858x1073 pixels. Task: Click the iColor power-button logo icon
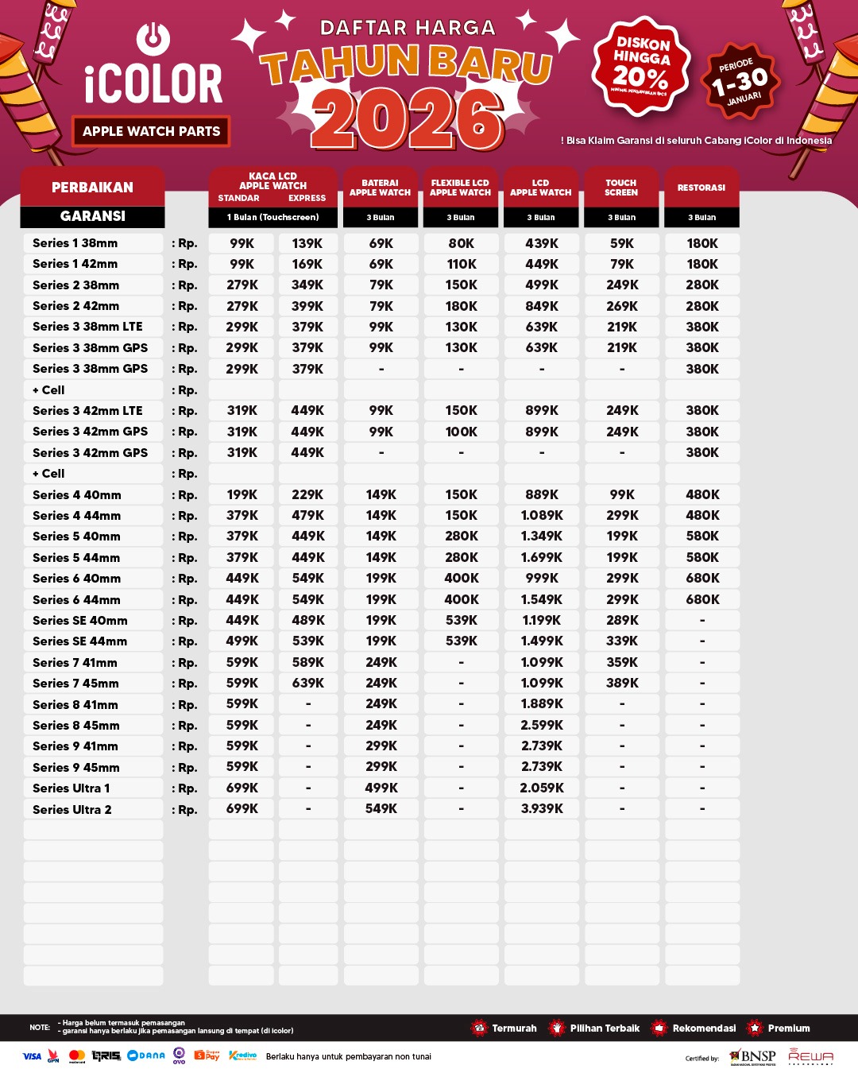tap(153, 38)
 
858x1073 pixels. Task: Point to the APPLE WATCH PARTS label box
tap(151, 131)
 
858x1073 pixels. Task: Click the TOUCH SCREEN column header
tap(621, 188)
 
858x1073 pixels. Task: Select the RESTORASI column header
tap(701, 188)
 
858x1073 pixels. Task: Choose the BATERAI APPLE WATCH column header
tap(381, 188)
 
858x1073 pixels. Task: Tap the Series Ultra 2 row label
tap(72, 809)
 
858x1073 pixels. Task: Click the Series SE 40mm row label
tap(80, 621)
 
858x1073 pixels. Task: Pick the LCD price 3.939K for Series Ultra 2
tap(542, 808)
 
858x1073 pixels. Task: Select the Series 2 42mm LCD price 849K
tap(542, 306)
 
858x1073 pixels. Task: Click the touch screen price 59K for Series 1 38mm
tap(622, 243)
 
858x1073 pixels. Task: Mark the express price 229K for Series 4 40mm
tap(307, 494)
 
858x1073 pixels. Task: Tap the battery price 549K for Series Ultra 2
tap(381, 808)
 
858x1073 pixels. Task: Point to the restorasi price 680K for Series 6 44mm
tap(702, 599)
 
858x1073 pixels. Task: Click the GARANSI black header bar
tap(92, 216)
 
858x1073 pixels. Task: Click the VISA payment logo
tap(32, 1056)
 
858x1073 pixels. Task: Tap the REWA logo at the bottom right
tap(810, 1056)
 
